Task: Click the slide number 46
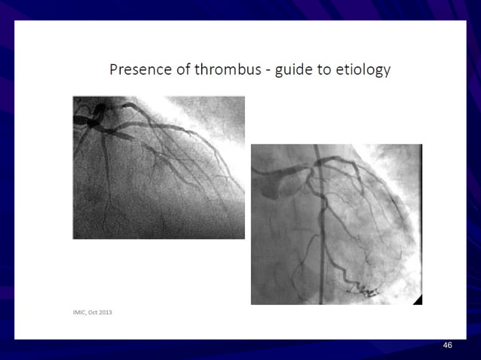[448, 345]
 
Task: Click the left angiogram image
[158, 167]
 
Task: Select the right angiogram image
[336, 224]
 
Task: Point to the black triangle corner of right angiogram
[417, 300]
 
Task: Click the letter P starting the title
[114, 70]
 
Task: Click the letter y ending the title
[387, 72]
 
